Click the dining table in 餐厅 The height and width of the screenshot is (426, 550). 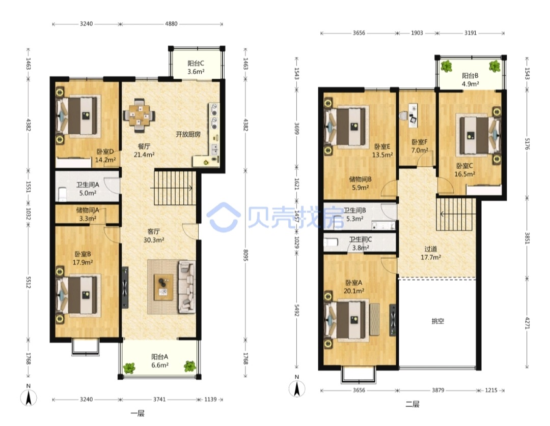[139, 115]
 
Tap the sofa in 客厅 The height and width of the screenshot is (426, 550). [186, 287]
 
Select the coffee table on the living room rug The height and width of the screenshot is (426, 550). [163, 287]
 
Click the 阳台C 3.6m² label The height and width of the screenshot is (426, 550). [196, 68]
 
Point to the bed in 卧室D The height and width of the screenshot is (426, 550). [78, 115]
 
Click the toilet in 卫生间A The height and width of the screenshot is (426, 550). [63, 194]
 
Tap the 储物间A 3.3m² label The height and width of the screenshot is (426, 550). [88, 214]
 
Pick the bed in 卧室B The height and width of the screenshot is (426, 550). [78, 295]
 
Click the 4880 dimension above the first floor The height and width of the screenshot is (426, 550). [171, 24]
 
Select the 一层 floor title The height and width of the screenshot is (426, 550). [137, 413]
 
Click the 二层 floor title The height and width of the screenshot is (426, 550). [412, 404]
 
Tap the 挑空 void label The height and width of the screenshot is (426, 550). [438, 321]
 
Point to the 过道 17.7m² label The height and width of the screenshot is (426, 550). [431, 253]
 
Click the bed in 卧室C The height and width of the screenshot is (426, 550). [479, 135]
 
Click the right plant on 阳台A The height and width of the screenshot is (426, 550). [190, 366]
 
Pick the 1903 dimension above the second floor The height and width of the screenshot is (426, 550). [417, 33]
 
